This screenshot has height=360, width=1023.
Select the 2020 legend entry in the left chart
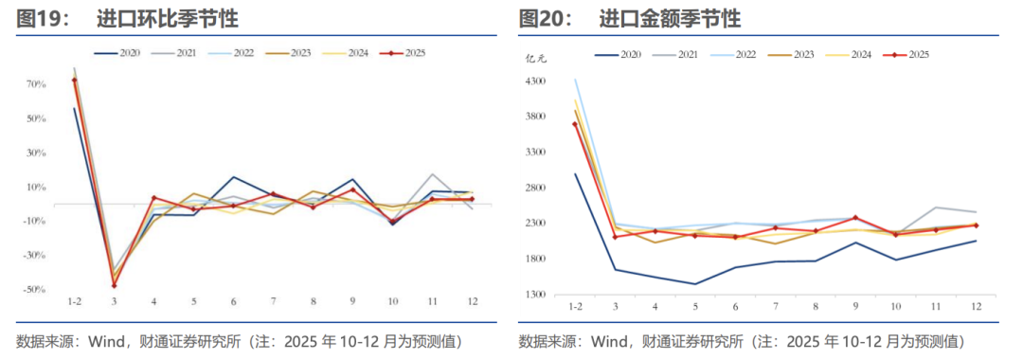[x=130, y=53]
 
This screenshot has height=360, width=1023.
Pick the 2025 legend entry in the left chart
[x=414, y=53]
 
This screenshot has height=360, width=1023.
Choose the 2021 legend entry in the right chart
[x=688, y=55]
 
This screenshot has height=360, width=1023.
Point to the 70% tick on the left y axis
[x=36, y=84]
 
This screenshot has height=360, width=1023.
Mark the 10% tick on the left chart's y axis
[x=36, y=187]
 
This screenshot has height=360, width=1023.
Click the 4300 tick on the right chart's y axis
[x=537, y=81]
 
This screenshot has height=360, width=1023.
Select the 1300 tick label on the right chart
[x=537, y=295]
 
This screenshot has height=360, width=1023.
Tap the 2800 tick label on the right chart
[x=537, y=189]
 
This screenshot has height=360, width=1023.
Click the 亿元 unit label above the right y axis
[x=536, y=59]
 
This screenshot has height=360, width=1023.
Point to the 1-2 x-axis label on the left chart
[x=74, y=301]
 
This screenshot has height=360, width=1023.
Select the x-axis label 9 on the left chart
[x=352, y=301]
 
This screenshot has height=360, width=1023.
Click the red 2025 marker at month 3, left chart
[x=114, y=285]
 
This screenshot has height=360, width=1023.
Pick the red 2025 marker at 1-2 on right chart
[x=575, y=124]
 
